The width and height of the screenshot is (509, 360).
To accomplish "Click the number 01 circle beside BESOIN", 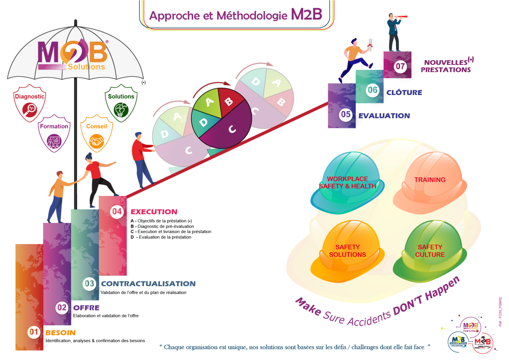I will click(34, 332).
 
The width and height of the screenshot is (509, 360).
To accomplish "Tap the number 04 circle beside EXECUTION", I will click(117, 211).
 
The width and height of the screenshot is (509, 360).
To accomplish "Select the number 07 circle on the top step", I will click(400, 66).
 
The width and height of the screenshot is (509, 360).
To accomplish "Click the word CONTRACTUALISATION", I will click(148, 284).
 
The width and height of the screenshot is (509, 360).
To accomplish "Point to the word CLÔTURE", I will click(404, 93).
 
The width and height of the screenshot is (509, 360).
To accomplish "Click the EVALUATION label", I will click(384, 116).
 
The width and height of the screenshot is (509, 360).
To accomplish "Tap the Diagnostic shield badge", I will click(30, 103).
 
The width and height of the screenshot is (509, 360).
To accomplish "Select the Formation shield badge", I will click(54, 134).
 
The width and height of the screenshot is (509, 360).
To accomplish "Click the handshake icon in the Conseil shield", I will click(96, 141).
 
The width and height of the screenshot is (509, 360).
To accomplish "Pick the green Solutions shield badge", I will click(121, 103).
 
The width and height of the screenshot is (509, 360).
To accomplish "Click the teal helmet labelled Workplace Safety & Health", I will click(347, 183).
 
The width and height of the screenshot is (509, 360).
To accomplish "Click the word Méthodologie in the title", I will click(252, 15).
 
